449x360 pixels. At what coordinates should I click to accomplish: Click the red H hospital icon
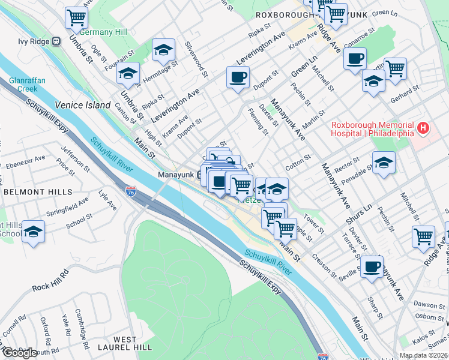pos(424,127)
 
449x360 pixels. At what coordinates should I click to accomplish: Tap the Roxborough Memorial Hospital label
pos(373,128)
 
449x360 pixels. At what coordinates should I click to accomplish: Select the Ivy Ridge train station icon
pos(56,41)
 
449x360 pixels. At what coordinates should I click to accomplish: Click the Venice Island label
pos(83,105)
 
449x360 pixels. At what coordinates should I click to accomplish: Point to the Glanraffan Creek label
pos(24,84)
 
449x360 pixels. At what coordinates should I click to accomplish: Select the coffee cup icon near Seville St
pos(372,266)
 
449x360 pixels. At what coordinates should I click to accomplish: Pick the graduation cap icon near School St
pos(34,232)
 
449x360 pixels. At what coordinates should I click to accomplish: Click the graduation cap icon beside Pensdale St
pos(384,163)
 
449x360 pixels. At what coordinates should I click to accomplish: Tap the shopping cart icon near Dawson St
pos(423,236)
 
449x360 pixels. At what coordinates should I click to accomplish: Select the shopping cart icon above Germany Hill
pos(76,17)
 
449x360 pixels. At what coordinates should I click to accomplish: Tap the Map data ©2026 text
pos(423,355)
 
